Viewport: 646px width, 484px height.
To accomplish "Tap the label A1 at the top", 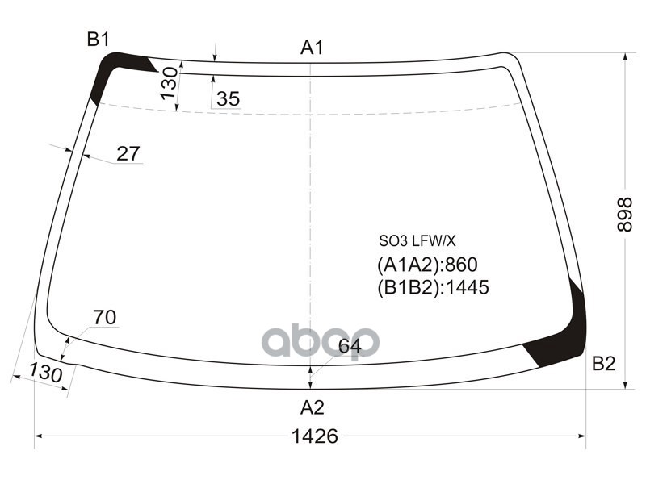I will click(312, 48).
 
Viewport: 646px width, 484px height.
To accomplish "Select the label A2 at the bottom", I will click(312, 407).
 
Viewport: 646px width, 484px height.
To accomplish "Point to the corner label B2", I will click(603, 364).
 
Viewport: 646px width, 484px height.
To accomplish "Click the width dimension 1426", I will click(314, 436).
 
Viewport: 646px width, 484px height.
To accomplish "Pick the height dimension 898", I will click(624, 215).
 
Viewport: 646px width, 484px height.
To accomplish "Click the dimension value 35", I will click(229, 99).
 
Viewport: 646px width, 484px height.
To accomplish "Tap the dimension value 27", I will click(128, 153).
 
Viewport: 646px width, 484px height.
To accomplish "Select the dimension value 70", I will click(104, 318).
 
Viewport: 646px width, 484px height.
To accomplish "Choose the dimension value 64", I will click(349, 347).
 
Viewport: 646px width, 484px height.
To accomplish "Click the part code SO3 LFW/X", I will click(417, 240).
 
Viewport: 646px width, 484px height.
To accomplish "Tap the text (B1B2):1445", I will click(433, 287).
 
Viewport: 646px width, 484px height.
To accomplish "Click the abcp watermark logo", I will click(319, 341).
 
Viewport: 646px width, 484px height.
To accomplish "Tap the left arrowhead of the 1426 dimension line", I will click(37, 436).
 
